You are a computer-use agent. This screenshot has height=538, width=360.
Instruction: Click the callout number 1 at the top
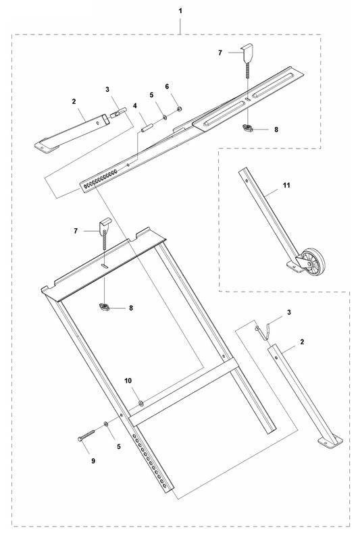[180, 11]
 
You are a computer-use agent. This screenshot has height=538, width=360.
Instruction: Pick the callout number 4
[135, 106]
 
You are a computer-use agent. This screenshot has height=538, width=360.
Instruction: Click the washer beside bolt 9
[107, 424]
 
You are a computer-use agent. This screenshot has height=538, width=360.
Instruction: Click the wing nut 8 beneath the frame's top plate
[105, 308]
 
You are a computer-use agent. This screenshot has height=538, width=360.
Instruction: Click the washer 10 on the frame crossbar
[140, 404]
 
